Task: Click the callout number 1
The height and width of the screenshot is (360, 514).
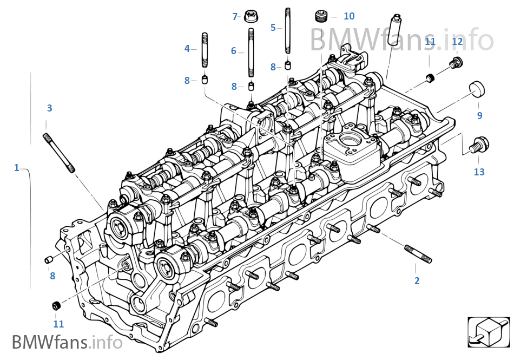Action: [16, 168]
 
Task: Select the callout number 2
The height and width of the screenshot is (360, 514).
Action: [417, 280]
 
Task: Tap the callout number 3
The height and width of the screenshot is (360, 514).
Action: [49, 108]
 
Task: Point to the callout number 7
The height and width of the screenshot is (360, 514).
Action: [235, 17]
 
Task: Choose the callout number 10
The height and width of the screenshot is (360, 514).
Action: [349, 16]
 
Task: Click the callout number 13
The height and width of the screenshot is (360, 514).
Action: [479, 172]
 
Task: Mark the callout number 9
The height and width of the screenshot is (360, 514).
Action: [479, 115]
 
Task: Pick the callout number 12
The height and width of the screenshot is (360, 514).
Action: [457, 42]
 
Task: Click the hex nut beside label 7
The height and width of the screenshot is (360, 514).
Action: [251, 16]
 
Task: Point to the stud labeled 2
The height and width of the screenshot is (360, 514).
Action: [418, 254]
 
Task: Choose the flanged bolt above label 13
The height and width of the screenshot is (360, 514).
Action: [478, 145]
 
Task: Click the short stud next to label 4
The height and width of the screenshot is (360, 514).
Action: [205, 49]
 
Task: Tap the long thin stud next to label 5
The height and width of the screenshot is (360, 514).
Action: [288, 30]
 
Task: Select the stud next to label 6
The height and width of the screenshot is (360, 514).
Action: [252, 53]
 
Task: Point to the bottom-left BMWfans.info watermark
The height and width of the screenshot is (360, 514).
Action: [67, 343]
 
